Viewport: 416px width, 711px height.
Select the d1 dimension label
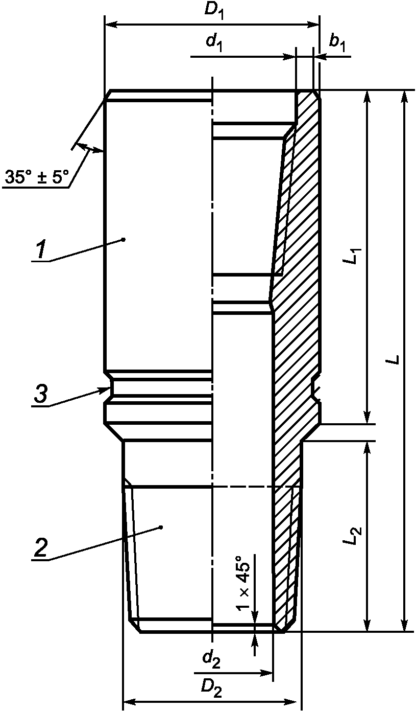tap(214, 43)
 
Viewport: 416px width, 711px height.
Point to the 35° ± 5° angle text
tap(36, 176)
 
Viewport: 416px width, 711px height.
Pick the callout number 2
tap(41, 548)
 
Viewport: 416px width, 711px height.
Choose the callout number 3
tap(41, 394)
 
